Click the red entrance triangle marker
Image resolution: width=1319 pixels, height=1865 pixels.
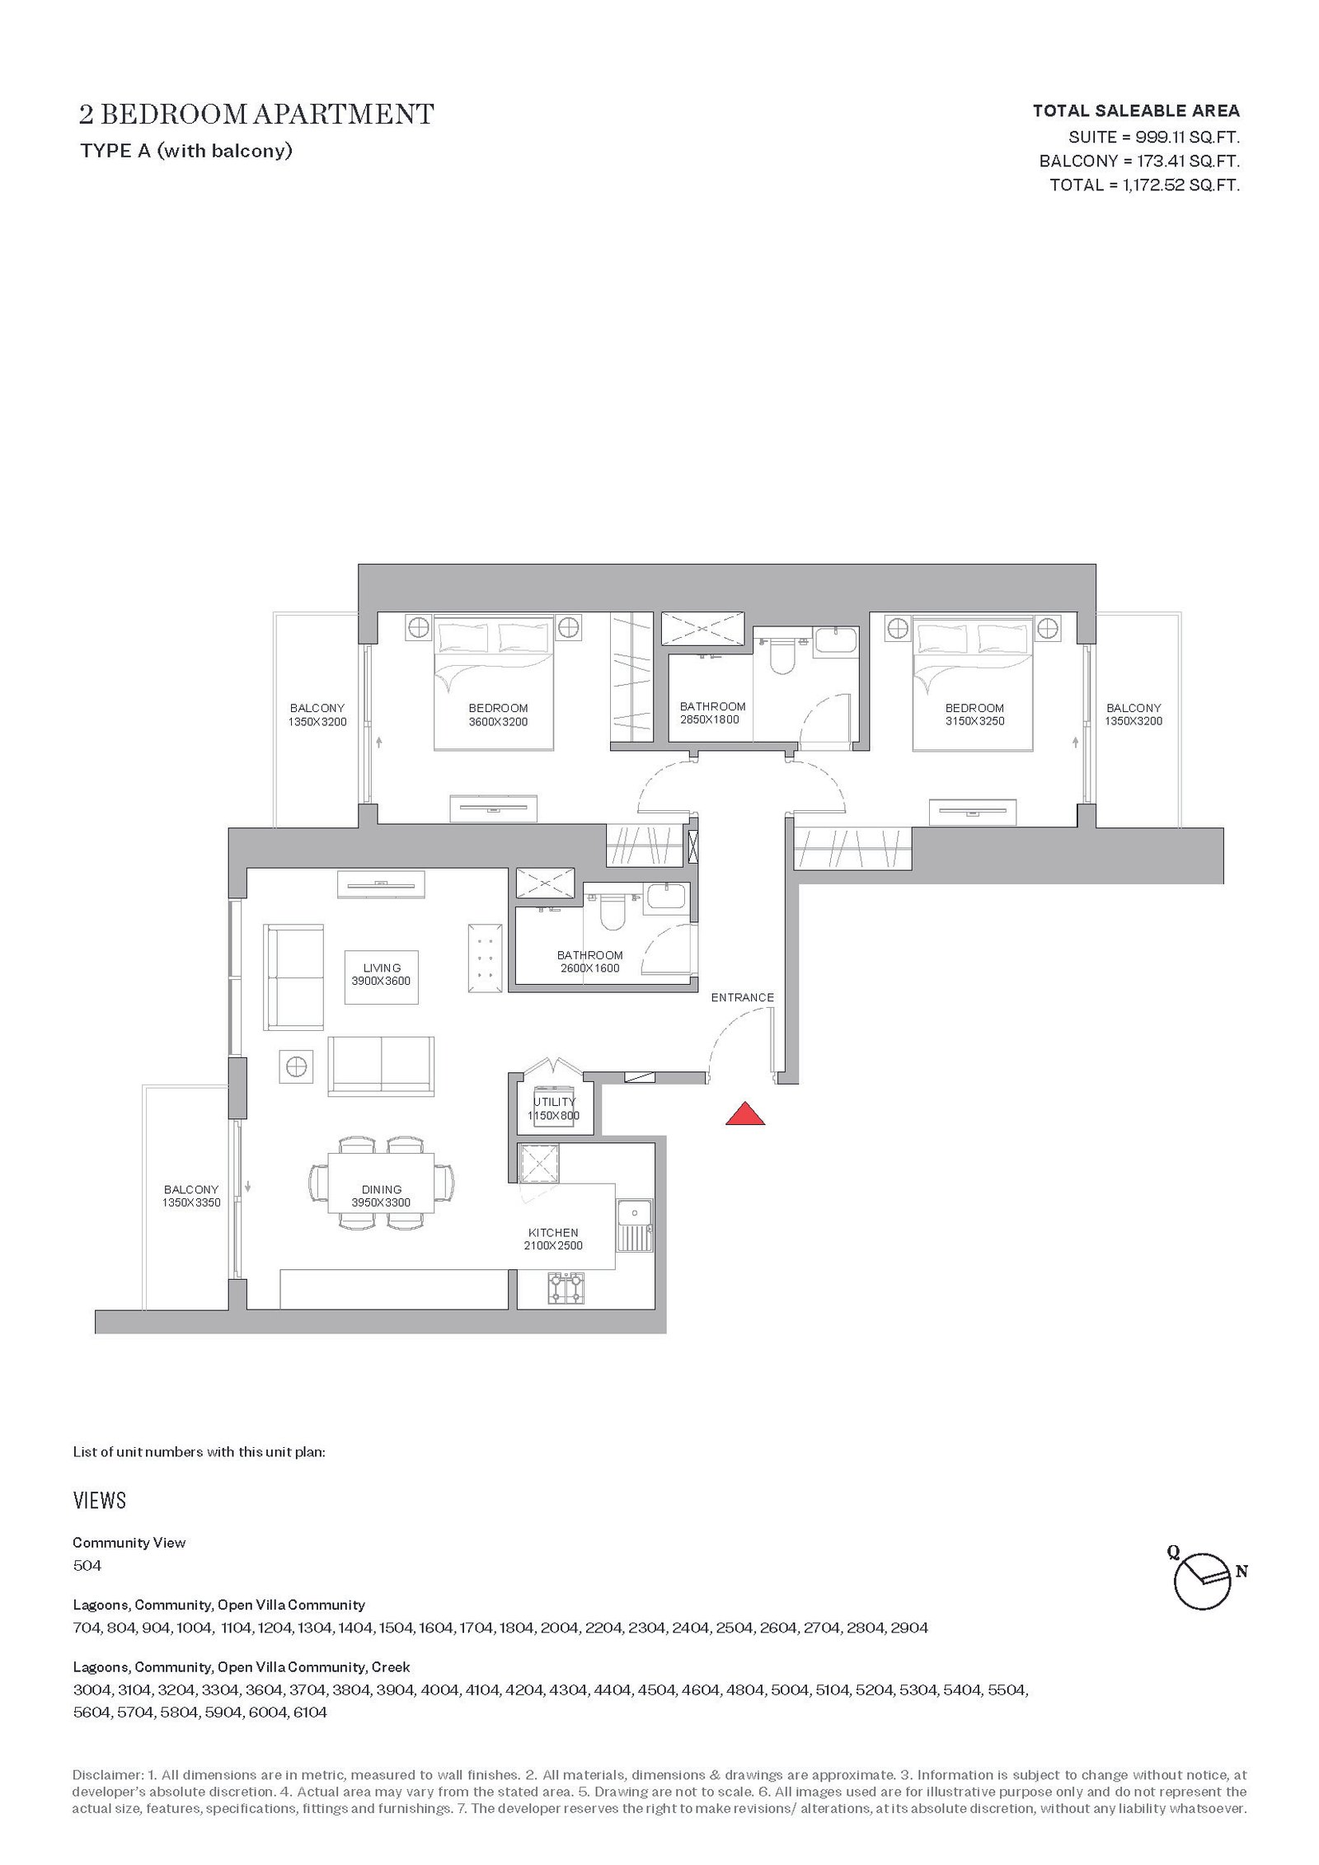[x=745, y=1113]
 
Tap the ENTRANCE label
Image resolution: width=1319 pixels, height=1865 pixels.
[x=743, y=997]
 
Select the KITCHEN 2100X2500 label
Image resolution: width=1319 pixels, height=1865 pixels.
[x=553, y=1239]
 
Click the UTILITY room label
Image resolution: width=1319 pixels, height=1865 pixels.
[x=554, y=1108]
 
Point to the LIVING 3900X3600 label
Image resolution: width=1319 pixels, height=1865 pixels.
[x=381, y=974]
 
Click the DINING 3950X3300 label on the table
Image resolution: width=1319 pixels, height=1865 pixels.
[x=381, y=1196]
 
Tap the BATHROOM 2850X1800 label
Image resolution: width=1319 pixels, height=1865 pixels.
[x=712, y=713]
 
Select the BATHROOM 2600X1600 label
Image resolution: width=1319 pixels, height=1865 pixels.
[x=589, y=962]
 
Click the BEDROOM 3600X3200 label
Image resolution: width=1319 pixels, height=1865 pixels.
[x=498, y=715]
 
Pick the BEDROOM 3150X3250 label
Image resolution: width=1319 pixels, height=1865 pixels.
[x=974, y=715]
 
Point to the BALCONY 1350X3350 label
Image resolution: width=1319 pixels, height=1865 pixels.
[x=191, y=1196]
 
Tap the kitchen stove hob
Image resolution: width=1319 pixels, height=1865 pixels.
[x=566, y=1287]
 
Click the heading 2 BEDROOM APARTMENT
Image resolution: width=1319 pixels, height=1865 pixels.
[x=256, y=114]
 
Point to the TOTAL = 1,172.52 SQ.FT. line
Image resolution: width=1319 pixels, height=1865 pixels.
[x=1144, y=185]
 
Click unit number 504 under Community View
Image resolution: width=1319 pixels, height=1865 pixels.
[x=87, y=1565]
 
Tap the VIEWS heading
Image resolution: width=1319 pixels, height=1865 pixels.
[x=100, y=1500]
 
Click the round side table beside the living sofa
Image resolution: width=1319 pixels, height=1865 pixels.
[x=295, y=1066]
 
